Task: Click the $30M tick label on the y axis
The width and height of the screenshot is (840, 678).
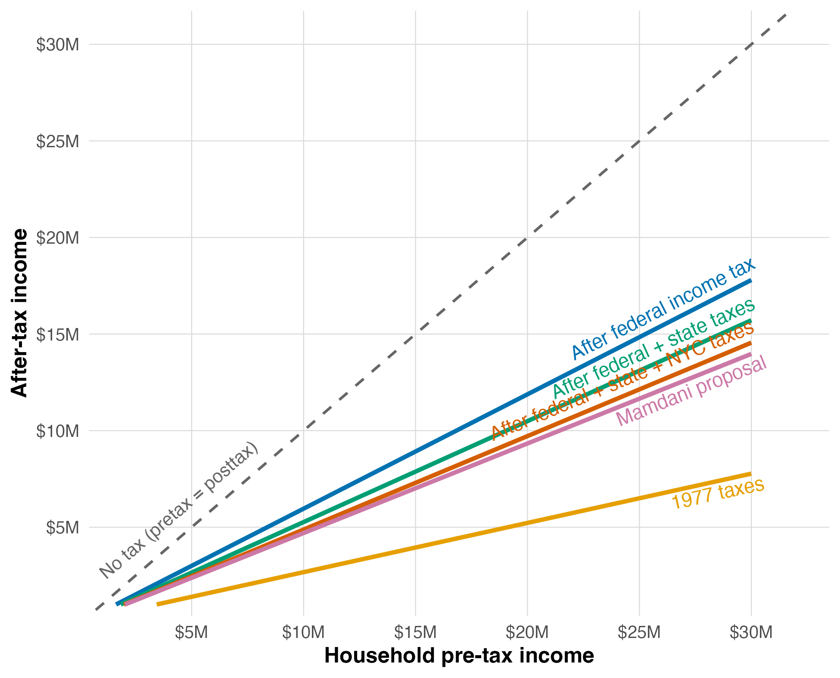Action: click(58, 45)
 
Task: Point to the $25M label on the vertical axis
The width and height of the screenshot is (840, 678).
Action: click(58, 141)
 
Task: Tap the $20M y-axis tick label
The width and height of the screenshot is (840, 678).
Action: click(58, 238)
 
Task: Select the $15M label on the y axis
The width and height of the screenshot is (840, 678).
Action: click(58, 334)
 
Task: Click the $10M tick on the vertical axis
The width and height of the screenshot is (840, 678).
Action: click(58, 431)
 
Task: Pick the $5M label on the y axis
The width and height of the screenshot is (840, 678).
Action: click(62, 527)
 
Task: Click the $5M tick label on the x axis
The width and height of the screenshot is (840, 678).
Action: click(191, 632)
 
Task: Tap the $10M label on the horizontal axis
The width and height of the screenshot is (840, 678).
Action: click(303, 632)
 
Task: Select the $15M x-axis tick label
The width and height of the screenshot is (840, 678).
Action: click(415, 632)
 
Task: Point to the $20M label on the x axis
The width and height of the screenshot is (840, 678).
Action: click(527, 632)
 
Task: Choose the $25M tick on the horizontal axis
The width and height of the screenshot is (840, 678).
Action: click(639, 632)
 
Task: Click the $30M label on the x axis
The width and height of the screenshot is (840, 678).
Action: click(751, 632)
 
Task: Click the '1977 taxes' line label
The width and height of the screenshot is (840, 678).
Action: click(718, 493)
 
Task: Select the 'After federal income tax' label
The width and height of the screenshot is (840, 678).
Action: click(663, 308)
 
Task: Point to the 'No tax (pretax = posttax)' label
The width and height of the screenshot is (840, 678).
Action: click(179, 510)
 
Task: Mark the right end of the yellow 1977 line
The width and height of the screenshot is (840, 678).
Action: click(751, 474)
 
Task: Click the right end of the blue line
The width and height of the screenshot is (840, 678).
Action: click(751, 281)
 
